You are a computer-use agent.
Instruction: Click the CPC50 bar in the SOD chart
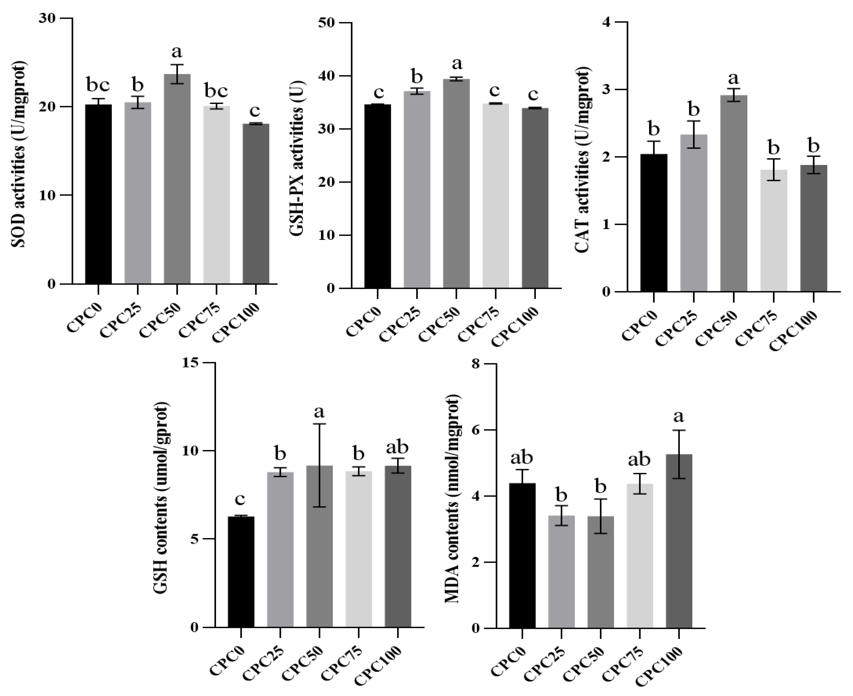coord(177,180)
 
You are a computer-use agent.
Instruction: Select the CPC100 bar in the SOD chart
coord(256,205)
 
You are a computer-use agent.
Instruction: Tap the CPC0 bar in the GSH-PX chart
coord(377,196)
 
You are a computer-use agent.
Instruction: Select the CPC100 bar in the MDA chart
coord(679,541)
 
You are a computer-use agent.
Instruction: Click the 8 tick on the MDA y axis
coord(475,364)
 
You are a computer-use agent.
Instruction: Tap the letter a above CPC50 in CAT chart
coord(734,78)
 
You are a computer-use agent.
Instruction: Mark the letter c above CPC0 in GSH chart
coord(240,500)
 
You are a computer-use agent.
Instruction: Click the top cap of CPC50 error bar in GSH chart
coord(320,424)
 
